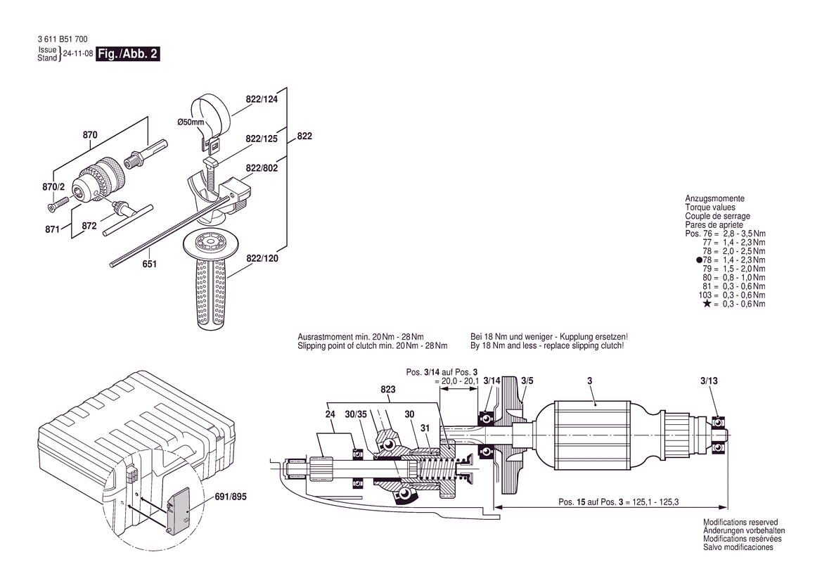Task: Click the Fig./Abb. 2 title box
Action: tap(127, 54)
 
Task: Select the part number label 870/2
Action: tap(53, 187)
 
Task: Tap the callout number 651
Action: tap(149, 264)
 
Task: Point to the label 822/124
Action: tap(262, 100)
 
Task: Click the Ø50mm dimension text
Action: tap(191, 122)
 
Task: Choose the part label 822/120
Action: tap(262, 259)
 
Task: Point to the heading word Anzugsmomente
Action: tap(714, 199)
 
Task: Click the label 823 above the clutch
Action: tap(388, 388)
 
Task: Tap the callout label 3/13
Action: tap(709, 381)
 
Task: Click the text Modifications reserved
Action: tap(740, 523)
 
